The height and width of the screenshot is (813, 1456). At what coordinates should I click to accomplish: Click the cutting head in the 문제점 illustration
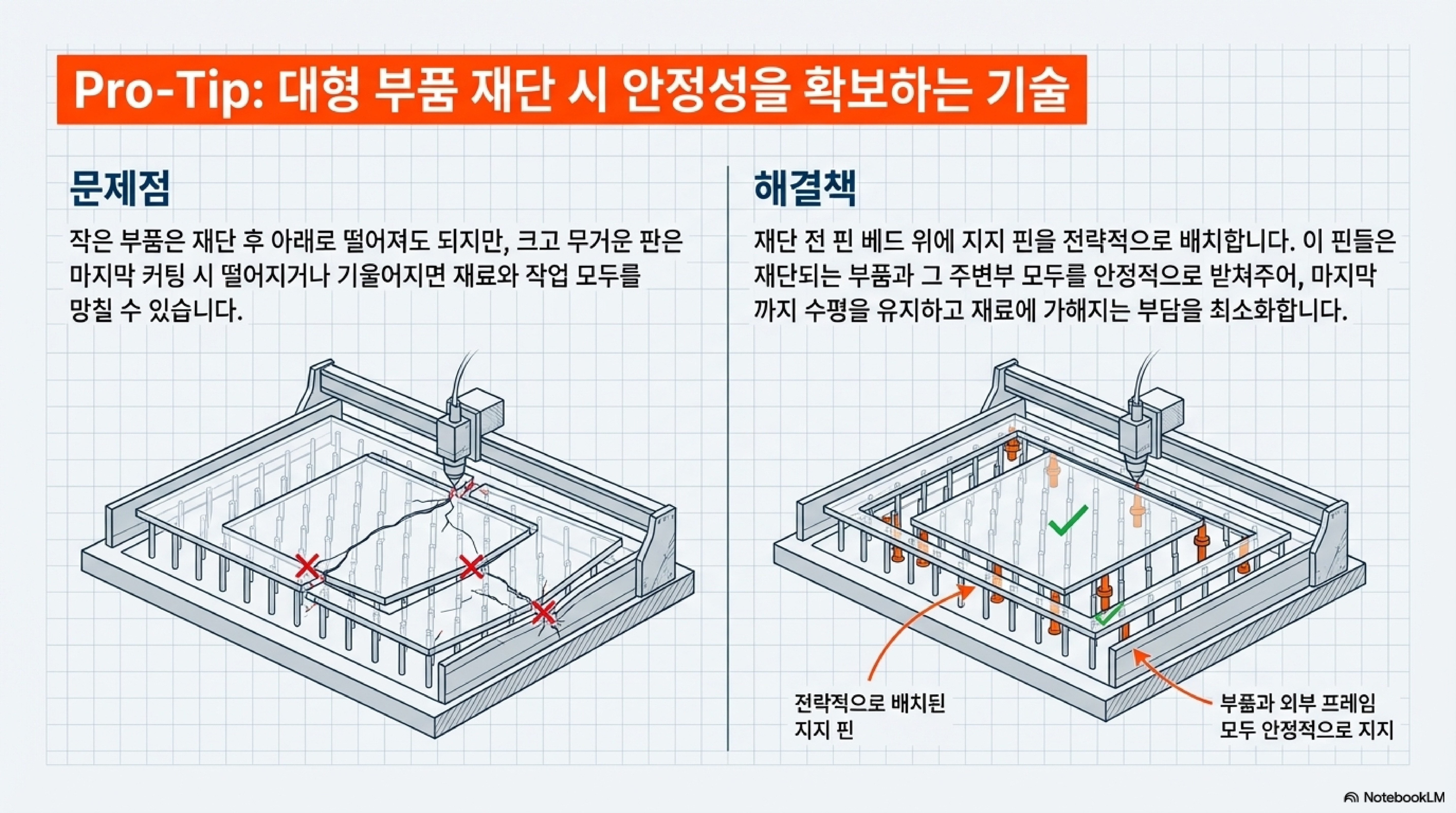(455, 447)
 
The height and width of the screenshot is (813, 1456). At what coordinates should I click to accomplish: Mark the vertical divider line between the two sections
(728, 458)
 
